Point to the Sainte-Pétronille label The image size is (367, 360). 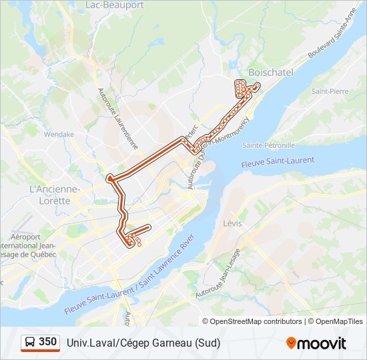coord(268,145)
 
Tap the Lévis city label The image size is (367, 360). coord(233,223)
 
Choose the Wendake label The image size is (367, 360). coord(59,134)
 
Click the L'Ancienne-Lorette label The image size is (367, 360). coord(55,194)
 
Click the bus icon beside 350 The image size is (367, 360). coord(30,342)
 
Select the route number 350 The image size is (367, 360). coord(48,342)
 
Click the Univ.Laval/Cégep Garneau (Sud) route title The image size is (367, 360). coord(143,343)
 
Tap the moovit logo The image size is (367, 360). coord(316,343)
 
